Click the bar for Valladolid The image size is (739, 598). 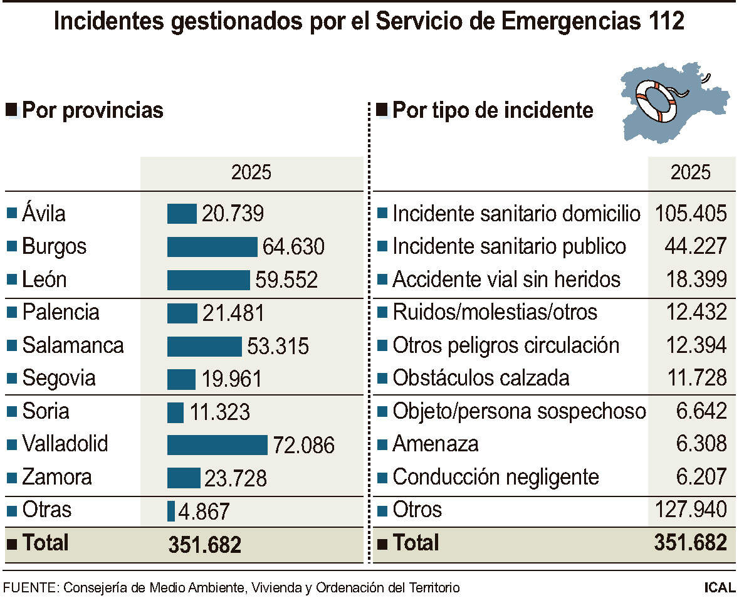click(x=217, y=444)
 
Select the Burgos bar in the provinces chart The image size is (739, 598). click(x=212, y=246)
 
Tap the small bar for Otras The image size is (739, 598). click(x=171, y=511)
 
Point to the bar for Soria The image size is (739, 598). click(x=176, y=412)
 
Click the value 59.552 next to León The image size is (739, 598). click(x=286, y=280)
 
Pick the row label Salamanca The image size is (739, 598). click(x=73, y=345)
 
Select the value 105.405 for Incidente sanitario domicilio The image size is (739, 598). click(x=691, y=214)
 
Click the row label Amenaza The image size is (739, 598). click(x=435, y=444)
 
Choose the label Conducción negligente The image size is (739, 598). click(x=495, y=477)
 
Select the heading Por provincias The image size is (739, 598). click(x=92, y=110)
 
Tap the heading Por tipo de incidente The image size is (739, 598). click(x=492, y=110)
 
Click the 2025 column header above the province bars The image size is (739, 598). click(x=251, y=172)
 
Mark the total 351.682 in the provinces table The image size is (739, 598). click(x=204, y=544)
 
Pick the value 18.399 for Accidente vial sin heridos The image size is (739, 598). click(x=695, y=280)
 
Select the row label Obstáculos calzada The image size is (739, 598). click(x=481, y=378)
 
